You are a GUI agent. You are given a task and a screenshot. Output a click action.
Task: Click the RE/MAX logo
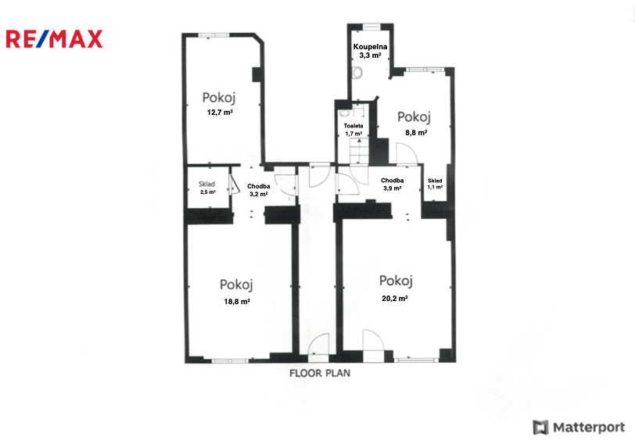coord(54,39)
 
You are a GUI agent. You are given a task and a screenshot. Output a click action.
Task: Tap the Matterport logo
coord(579,428)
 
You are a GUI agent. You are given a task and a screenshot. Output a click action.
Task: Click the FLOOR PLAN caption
coord(320,373)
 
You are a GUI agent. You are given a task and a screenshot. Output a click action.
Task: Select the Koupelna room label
coord(370,47)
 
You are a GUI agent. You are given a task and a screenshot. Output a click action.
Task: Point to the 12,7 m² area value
coord(220,113)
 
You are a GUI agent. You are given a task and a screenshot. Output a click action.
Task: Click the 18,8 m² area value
coord(237,301)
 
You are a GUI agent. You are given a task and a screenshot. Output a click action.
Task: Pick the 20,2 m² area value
coord(395,298)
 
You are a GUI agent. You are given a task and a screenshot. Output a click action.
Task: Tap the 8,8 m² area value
coord(416,132)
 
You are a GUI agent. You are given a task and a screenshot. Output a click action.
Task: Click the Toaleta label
coord(353,126)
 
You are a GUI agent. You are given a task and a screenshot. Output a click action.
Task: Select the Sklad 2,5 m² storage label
coord(207,188)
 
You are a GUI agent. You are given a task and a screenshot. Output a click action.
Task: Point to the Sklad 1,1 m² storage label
coord(435,184)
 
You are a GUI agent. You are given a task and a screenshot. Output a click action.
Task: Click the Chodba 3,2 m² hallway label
coord(259,190)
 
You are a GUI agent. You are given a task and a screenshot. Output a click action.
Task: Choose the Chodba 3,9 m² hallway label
coord(392,185)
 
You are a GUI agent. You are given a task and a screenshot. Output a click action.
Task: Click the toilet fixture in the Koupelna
coord(357,73)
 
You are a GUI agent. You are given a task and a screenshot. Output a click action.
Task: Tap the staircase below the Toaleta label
coord(359,151)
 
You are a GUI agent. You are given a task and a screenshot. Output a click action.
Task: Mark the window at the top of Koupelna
coord(371,27)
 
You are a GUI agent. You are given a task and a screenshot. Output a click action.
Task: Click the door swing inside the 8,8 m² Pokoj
coord(407,153)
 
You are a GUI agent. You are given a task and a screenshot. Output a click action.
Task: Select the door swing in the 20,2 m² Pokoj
coord(373,340)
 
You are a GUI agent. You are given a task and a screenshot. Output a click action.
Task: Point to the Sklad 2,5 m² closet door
coord(234,185)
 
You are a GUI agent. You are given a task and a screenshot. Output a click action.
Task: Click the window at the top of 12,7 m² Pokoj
coord(213,35)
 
